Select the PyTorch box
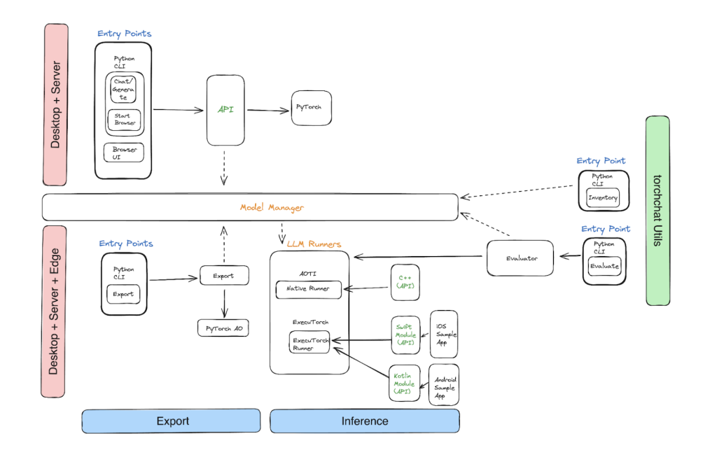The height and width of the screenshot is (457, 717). (x=311, y=109)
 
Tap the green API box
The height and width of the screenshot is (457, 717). (x=225, y=110)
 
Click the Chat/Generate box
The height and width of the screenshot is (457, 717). (x=125, y=89)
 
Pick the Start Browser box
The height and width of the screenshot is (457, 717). (x=125, y=119)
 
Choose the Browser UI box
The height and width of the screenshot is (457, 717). (x=124, y=153)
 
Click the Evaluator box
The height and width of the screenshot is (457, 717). (x=520, y=258)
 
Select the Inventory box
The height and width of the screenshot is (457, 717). (x=602, y=197)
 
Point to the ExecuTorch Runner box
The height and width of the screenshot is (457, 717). (x=309, y=342)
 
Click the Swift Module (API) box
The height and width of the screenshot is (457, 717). (x=405, y=335)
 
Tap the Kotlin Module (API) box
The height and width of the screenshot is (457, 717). (x=404, y=384)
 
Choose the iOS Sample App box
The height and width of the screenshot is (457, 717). (x=444, y=335)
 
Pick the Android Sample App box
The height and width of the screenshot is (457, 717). (x=444, y=384)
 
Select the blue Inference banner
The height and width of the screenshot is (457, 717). (x=365, y=421)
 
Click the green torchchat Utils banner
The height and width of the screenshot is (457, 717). (x=657, y=211)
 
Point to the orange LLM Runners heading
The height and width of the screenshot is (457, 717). (x=314, y=244)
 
